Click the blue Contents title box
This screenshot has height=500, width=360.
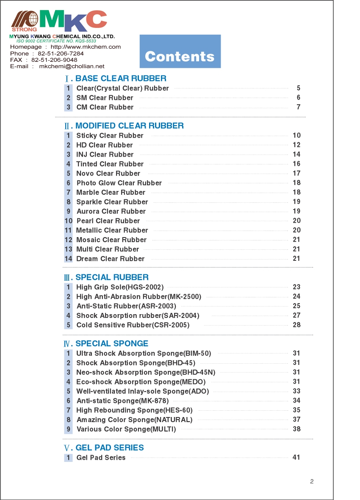pyautogui.click(x=180, y=51)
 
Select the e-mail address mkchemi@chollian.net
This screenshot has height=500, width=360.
pyautogui.click(x=72, y=66)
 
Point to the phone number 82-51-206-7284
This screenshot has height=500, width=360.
pyautogui.click(x=61, y=54)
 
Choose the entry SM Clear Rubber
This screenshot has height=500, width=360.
pyautogui.click(x=105, y=98)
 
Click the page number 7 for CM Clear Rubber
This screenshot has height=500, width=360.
pyautogui.click(x=298, y=107)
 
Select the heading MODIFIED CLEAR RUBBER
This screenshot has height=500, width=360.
pyautogui.click(x=129, y=126)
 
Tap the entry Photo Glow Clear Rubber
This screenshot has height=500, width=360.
pyautogui.click(x=119, y=183)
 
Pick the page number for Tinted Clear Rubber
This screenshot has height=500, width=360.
pyautogui.click(x=296, y=164)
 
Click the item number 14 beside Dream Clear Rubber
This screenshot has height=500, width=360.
pyautogui.click(x=68, y=259)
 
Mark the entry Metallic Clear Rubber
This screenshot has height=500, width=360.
pyautogui.click(x=112, y=230)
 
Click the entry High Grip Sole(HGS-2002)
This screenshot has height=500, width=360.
pyautogui.click(x=120, y=287)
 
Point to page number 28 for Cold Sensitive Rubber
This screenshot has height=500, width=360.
pyautogui.click(x=296, y=325)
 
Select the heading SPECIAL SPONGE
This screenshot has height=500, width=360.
pyautogui.click(x=112, y=344)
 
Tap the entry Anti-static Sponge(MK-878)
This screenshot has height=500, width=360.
pyautogui.click(x=122, y=401)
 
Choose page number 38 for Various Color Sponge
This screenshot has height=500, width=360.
pyautogui.click(x=296, y=429)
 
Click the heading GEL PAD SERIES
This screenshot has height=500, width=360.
pyautogui.click(x=109, y=448)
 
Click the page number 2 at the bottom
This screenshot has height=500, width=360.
pyautogui.click(x=312, y=481)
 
